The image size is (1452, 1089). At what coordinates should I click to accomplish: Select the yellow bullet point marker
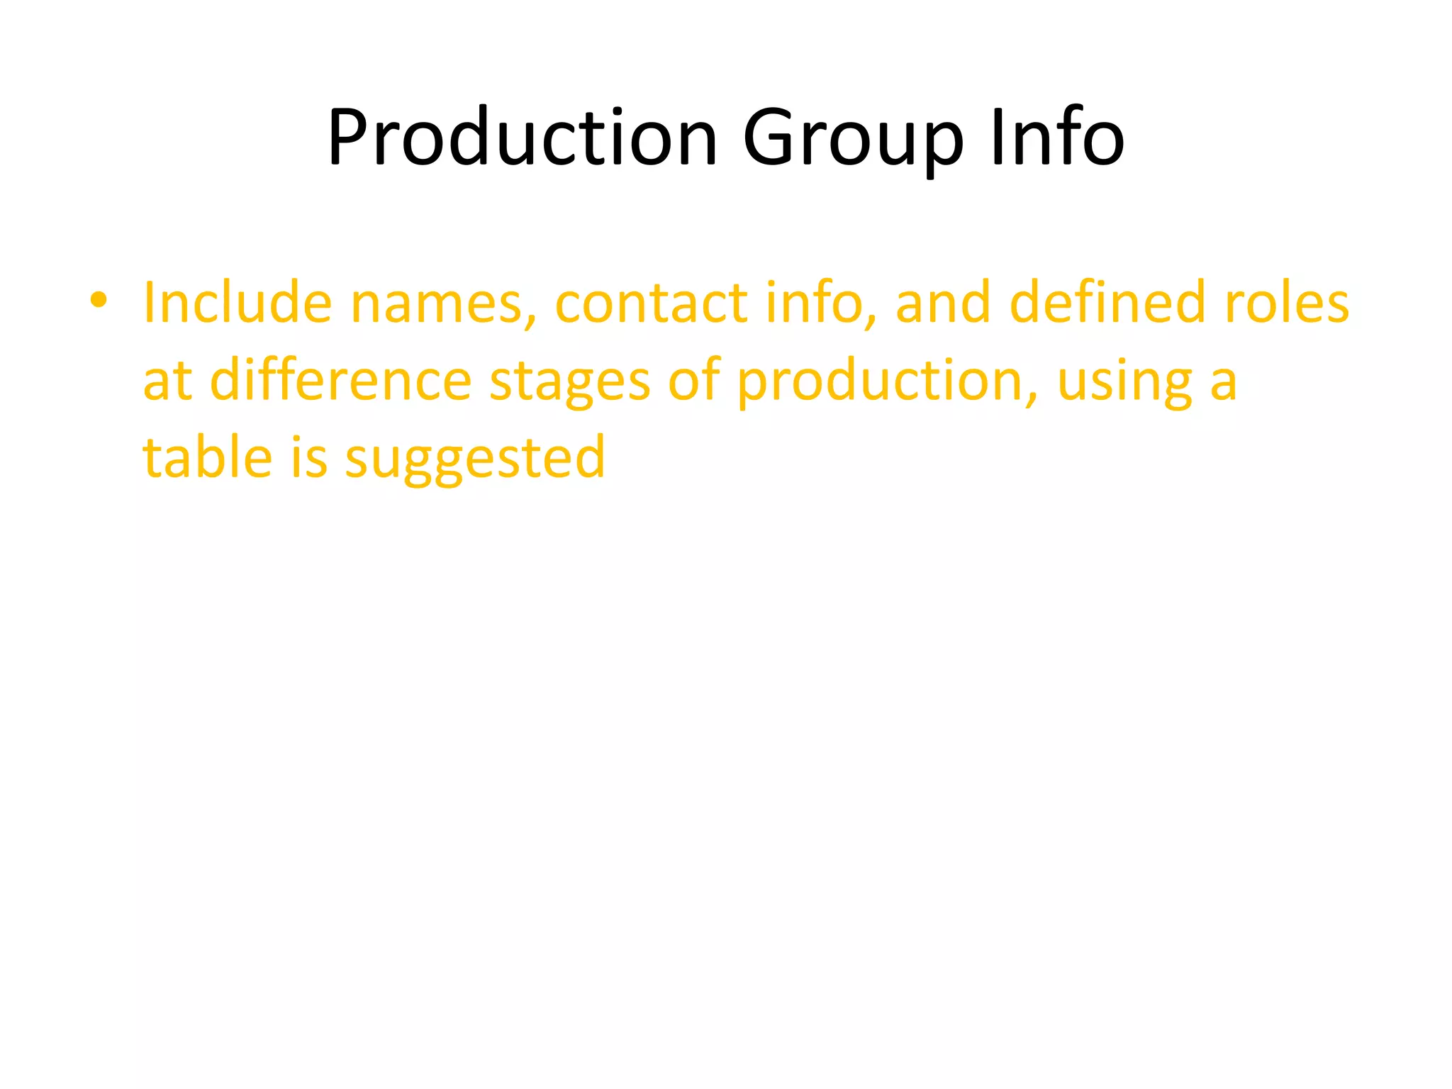pyautogui.click(x=99, y=301)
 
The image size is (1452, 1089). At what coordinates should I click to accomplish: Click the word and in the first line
pyautogui.click(x=943, y=303)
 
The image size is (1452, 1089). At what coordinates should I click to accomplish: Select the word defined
pyautogui.click(x=1107, y=303)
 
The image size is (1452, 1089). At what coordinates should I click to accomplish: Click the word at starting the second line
pyautogui.click(x=167, y=381)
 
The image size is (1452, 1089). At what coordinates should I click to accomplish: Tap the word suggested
pyautogui.click(x=475, y=459)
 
